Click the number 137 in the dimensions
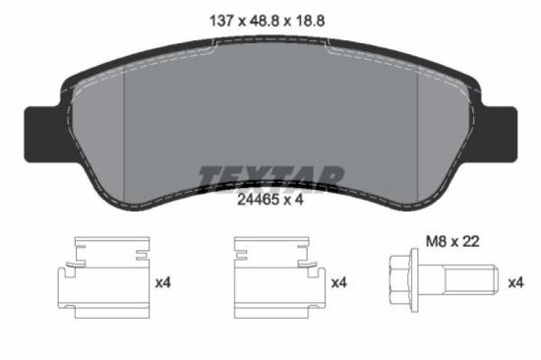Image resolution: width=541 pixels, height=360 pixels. click(x=222, y=20)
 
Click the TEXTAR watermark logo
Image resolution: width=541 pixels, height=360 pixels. click(x=270, y=178)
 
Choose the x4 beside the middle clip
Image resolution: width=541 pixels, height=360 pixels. click(x=339, y=283)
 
